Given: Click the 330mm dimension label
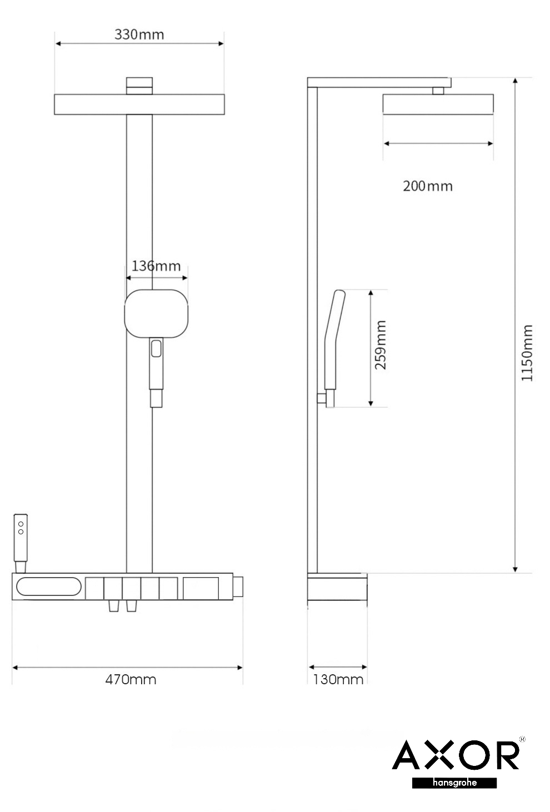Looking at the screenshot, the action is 139,35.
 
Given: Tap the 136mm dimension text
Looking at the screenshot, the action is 156,266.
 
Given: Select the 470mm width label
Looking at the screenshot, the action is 131,679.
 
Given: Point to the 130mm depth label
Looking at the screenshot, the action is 338,679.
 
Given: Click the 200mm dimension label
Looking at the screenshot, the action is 428,186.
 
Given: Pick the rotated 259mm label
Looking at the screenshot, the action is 381,345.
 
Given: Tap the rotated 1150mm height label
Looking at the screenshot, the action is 527,353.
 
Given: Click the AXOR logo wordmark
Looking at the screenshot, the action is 456,755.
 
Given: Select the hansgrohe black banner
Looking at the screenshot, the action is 454,783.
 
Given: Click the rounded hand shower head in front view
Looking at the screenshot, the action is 156,314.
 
